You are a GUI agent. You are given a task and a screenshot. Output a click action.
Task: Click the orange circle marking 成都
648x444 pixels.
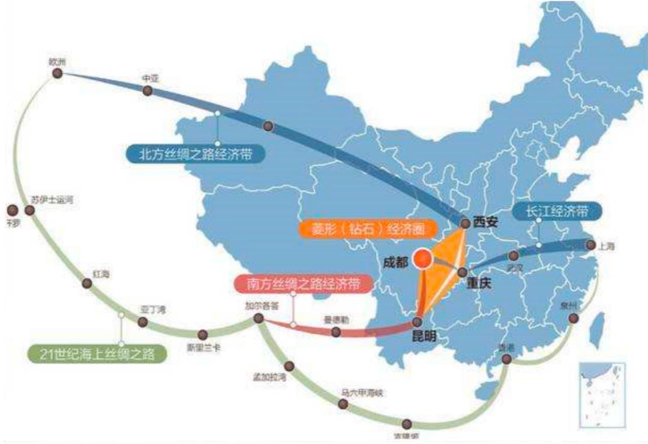[424, 259]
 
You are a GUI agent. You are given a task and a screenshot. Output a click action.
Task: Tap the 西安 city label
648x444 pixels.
[485, 221]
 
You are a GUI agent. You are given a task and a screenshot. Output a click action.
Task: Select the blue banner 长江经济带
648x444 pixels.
[556, 211]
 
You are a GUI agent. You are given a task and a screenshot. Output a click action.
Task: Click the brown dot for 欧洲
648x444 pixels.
[58, 73]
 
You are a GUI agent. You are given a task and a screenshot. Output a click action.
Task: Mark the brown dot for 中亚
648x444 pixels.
[147, 91]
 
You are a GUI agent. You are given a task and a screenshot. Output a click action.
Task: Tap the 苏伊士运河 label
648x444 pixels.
[52, 199]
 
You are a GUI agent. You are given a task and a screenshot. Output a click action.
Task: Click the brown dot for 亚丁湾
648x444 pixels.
[142, 322]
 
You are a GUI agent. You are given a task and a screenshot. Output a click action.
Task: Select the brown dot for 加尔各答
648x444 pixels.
[259, 318]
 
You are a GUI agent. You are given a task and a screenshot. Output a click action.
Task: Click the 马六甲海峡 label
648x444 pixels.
[361, 393]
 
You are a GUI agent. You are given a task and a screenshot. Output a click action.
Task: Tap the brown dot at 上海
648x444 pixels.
[590, 245]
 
